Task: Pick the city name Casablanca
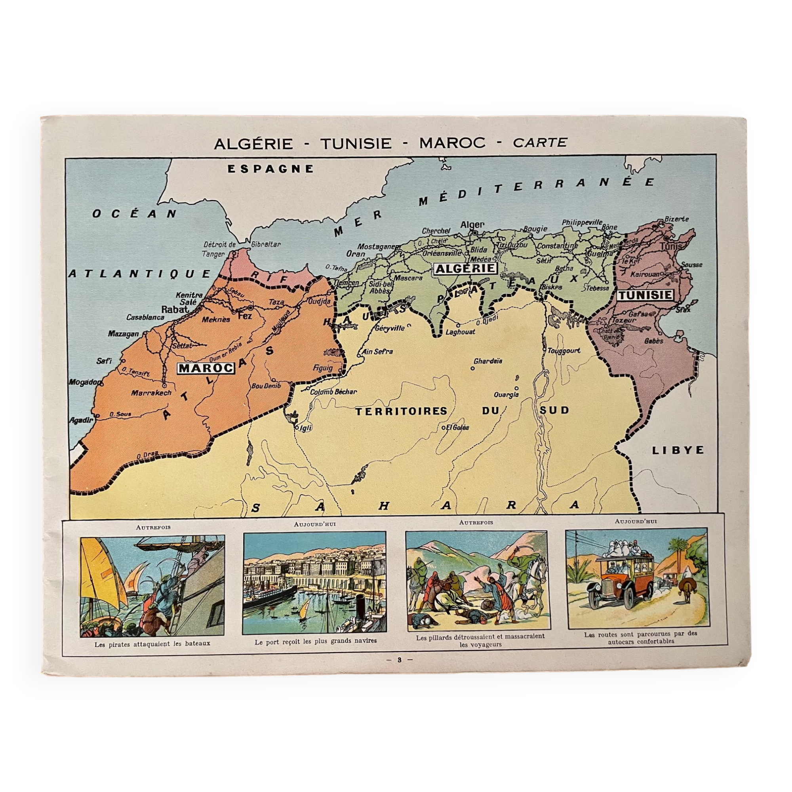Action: point(145,317)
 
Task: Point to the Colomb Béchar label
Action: point(333,392)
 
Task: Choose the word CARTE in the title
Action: point(540,142)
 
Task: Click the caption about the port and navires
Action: point(315,641)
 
